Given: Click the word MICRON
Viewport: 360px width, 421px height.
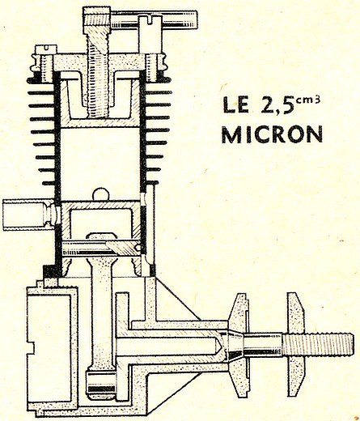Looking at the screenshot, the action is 272,134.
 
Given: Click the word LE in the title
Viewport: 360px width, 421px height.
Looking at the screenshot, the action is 235,104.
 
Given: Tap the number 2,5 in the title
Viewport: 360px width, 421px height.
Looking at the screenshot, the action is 277,105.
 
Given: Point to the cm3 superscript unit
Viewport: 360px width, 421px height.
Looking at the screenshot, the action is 307,100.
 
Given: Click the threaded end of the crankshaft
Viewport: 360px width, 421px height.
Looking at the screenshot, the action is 318,344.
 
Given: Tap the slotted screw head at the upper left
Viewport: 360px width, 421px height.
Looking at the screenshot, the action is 46,49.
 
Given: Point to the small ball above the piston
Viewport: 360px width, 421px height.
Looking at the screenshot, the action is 101,194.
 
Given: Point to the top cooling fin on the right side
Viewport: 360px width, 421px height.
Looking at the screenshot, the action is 159,92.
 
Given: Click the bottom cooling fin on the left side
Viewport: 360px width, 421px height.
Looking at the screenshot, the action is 49,183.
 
